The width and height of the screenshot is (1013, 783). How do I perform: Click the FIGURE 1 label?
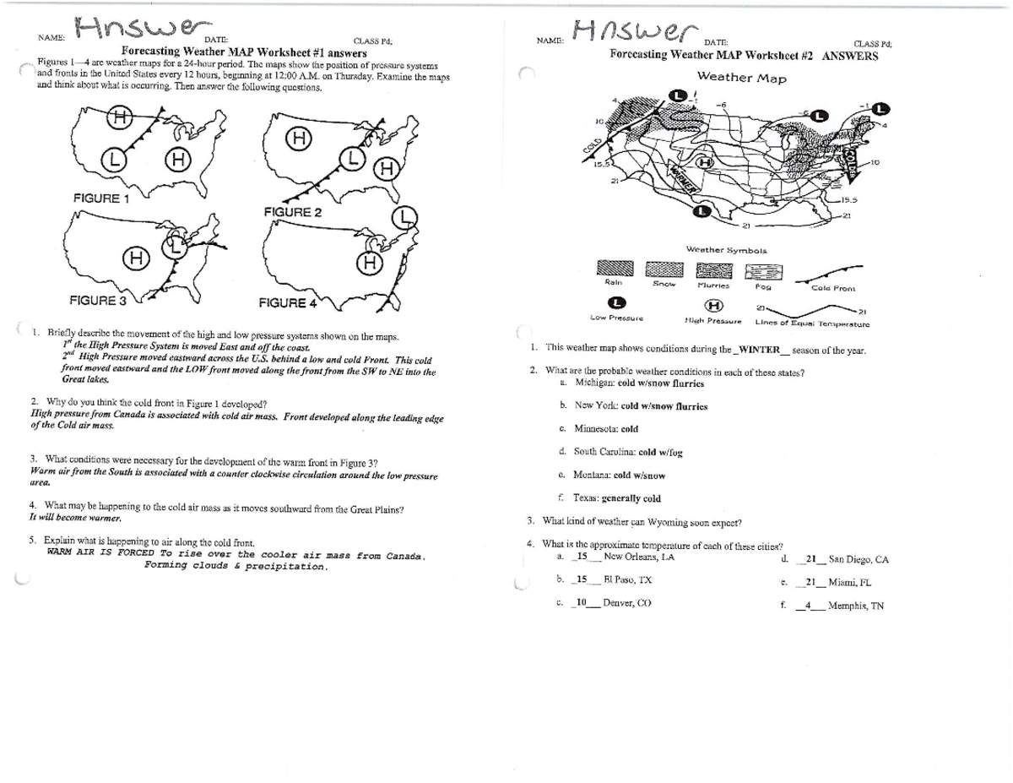point(100,198)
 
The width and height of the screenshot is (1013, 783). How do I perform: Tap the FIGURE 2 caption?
point(291,212)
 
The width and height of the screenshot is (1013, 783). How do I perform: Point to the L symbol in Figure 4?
point(407,217)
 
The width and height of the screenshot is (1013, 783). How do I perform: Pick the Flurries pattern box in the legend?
point(714,270)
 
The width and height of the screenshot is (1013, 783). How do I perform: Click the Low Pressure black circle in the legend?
point(618,303)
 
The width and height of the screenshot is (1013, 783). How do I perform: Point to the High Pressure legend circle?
point(714,305)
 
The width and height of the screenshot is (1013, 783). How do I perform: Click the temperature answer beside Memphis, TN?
point(808,605)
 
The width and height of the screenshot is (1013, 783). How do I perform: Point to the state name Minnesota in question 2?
point(596,428)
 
